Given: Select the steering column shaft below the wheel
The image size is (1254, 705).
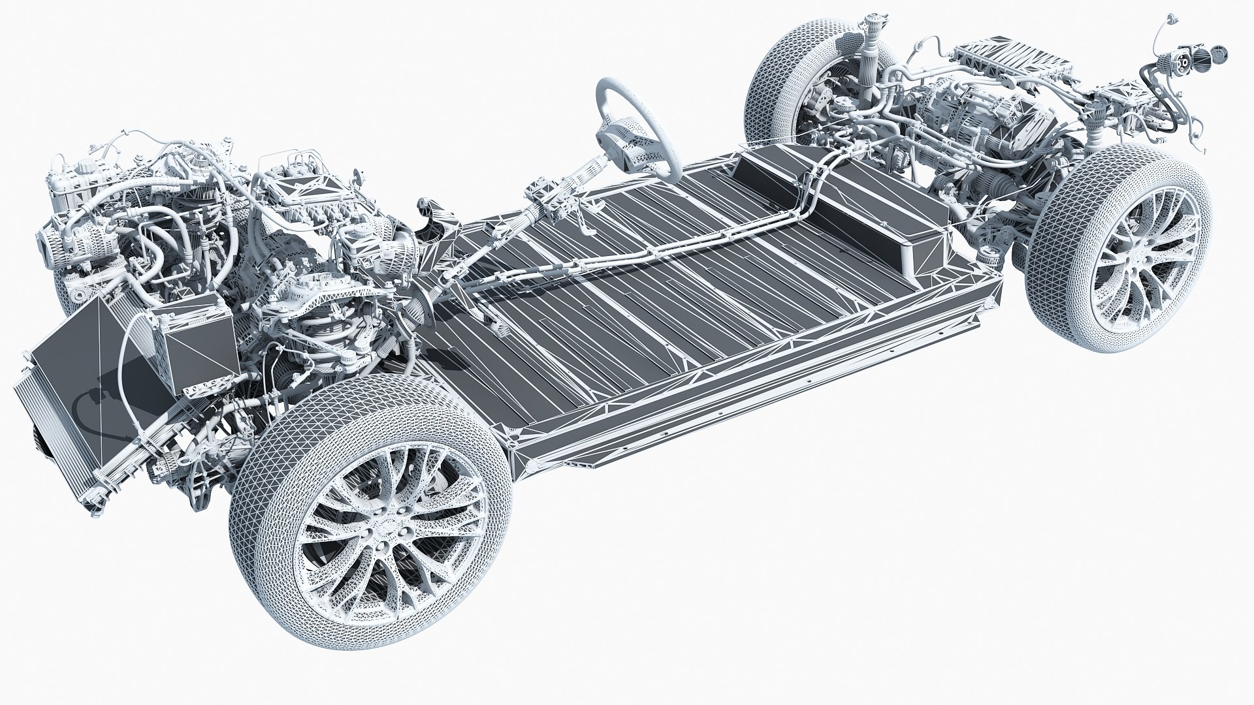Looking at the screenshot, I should click(x=562, y=196).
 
